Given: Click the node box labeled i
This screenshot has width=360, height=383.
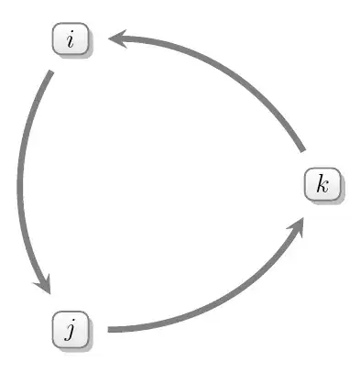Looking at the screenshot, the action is coord(71,40).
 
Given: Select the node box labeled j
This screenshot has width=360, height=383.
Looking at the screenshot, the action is coord(71,328).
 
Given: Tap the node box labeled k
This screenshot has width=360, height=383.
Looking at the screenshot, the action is coord(322,184).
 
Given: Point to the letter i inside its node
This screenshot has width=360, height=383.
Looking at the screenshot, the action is coord(71,40).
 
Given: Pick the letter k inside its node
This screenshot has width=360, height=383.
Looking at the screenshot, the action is coord(322,184).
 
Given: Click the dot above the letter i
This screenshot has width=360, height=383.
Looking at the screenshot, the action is coord(72,34).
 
